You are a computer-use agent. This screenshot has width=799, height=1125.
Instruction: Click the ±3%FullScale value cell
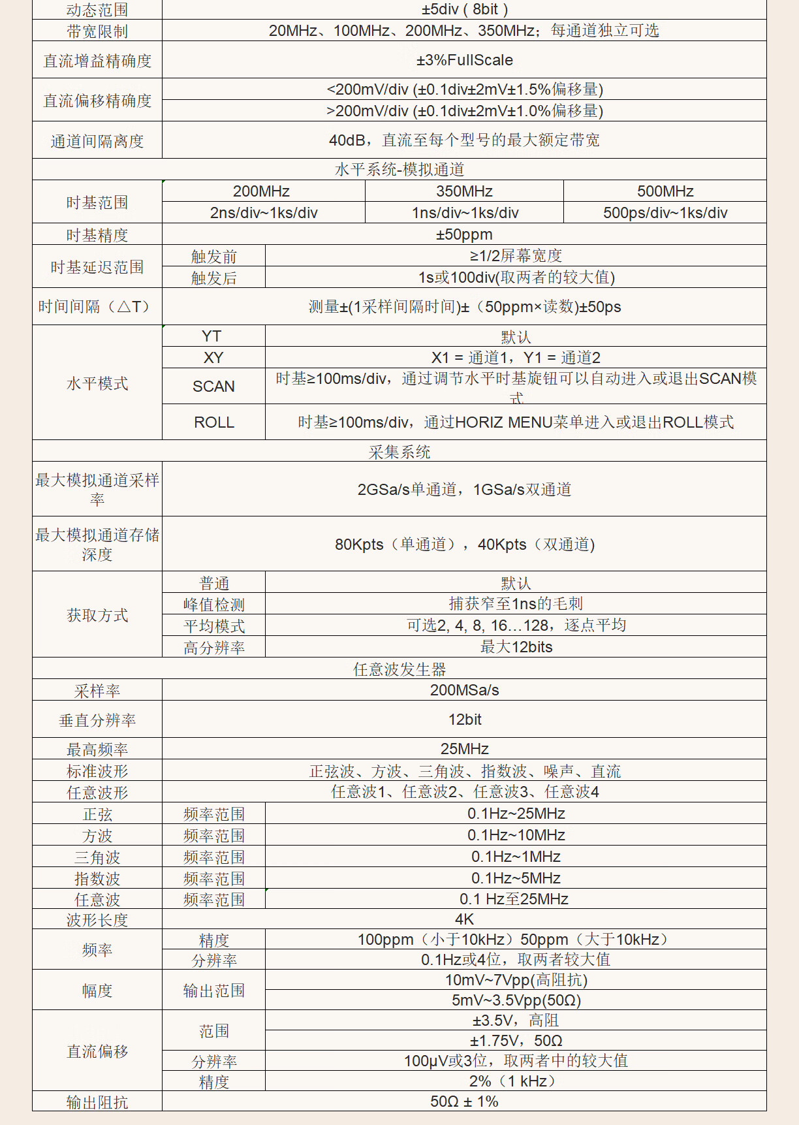click(x=464, y=60)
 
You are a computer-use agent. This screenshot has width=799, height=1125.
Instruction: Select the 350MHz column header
click(x=464, y=191)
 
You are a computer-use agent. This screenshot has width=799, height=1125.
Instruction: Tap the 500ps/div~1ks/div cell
click(x=665, y=213)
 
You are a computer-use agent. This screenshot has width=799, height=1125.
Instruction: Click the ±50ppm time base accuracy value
click(x=464, y=234)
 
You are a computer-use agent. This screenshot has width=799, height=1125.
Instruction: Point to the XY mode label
click(x=213, y=358)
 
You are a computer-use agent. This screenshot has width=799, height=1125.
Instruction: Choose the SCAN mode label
click(x=213, y=387)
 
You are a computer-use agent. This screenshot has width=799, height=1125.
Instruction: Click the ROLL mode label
click(x=213, y=422)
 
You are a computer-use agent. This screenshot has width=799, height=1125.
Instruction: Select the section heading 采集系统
click(x=399, y=452)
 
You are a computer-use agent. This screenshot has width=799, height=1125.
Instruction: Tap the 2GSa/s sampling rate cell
click(x=464, y=490)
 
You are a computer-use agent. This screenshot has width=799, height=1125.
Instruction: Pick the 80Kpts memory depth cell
click(x=464, y=545)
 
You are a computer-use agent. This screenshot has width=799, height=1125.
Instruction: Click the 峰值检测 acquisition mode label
click(x=213, y=605)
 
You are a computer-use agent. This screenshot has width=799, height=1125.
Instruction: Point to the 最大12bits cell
click(x=516, y=647)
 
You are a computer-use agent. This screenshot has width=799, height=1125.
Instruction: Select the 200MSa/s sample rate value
click(x=464, y=690)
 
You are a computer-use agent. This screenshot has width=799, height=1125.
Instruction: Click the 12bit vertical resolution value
click(x=464, y=720)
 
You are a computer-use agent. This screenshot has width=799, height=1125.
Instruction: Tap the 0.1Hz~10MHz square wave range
click(x=516, y=835)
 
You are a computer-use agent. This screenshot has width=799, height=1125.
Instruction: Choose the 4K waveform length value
click(x=464, y=919)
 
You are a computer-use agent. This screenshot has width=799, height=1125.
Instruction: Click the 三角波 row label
click(x=97, y=857)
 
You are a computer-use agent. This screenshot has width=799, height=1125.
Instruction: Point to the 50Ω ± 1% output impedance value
click(x=464, y=1101)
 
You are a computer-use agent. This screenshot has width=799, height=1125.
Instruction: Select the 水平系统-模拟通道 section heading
click(x=399, y=170)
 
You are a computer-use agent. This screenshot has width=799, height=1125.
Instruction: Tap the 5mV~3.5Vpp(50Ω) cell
click(x=516, y=1000)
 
